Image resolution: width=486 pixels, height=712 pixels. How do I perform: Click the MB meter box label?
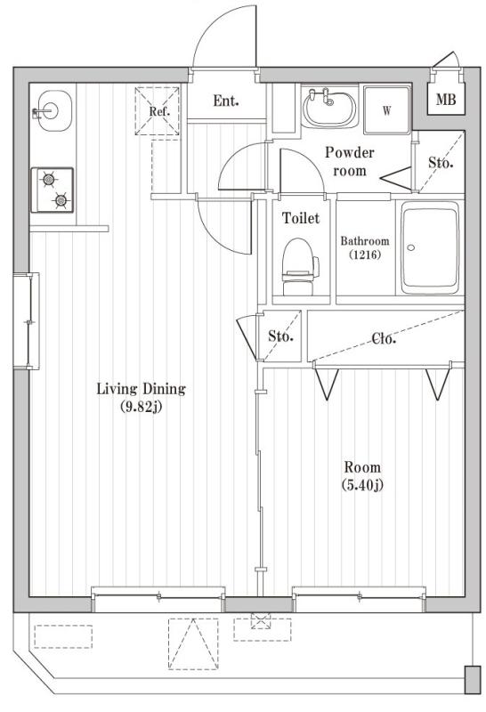click(445, 100)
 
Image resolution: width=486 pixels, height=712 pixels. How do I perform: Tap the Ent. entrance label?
click(226, 101)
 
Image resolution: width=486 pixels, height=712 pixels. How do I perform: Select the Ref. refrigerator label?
click(159, 112)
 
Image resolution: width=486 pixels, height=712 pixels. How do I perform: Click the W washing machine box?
click(387, 110)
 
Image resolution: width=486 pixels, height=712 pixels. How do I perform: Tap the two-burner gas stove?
click(53, 190)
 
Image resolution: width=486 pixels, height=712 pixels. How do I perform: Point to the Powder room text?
click(349, 161)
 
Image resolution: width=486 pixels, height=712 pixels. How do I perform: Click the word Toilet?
click(300, 218)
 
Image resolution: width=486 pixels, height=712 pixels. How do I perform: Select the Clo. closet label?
click(384, 338)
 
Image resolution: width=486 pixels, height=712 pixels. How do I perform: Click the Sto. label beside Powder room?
click(441, 163)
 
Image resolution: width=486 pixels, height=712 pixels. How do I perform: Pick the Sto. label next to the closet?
click(281, 337)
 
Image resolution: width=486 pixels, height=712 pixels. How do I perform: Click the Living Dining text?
click(141, 389)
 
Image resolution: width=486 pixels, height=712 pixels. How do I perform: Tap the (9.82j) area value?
click(141, 409)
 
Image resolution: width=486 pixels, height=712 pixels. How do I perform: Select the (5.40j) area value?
click(361, 485)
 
